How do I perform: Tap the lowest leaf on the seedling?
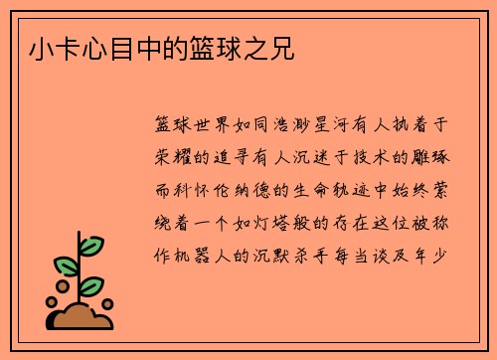pyautogui.click(x=96, y=284)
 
